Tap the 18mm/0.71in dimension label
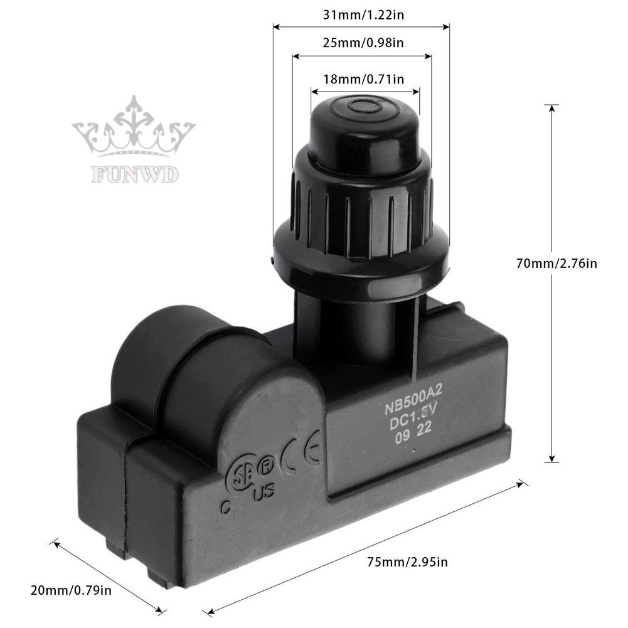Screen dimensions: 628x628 click(x=363, y=78)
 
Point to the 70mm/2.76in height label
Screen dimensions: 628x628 click(x=556, y=264)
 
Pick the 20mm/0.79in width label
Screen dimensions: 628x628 click(x=71, y=590)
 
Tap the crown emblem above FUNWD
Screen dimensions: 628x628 click(x=134, y=129)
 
